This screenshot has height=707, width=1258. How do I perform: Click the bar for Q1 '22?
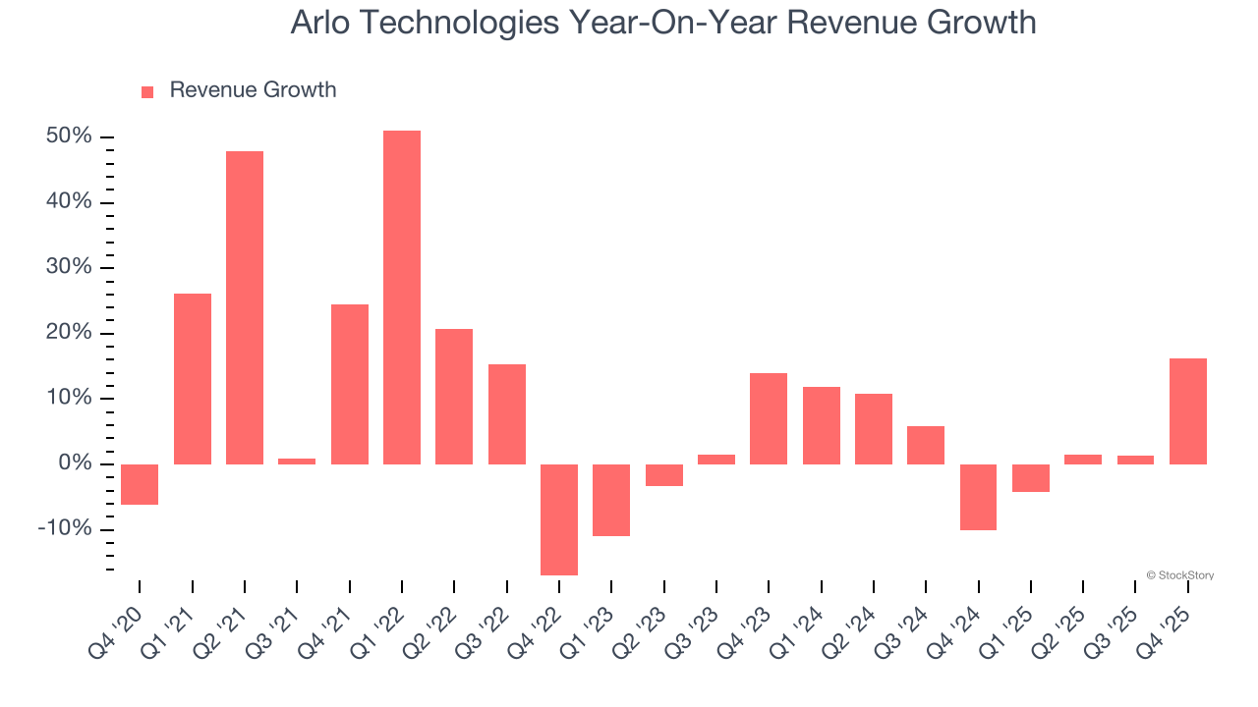coord(402,297)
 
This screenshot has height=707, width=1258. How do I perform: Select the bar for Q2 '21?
coord(245,307)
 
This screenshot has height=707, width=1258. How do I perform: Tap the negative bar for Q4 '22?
coord(559,519)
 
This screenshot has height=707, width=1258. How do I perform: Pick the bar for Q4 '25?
coord(1188,411)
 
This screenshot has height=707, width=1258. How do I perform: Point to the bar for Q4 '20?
coord(140,484)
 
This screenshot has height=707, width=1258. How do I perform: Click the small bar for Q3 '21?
coord(297,461)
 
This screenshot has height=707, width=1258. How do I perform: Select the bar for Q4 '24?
coord(978,497)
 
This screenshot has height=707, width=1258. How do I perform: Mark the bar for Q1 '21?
coord(193,379)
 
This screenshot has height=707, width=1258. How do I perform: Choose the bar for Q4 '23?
coord(769,418)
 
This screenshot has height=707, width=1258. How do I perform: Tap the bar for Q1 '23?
coord(611,500)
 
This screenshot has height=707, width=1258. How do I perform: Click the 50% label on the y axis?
coord(69,136)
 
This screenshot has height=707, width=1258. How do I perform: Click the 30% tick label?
coord(69,267)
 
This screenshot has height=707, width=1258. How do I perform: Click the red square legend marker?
coord(147,91)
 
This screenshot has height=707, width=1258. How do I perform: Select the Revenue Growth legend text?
coord(253,90)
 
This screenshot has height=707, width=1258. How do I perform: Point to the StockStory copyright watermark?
coord(1179,575)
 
